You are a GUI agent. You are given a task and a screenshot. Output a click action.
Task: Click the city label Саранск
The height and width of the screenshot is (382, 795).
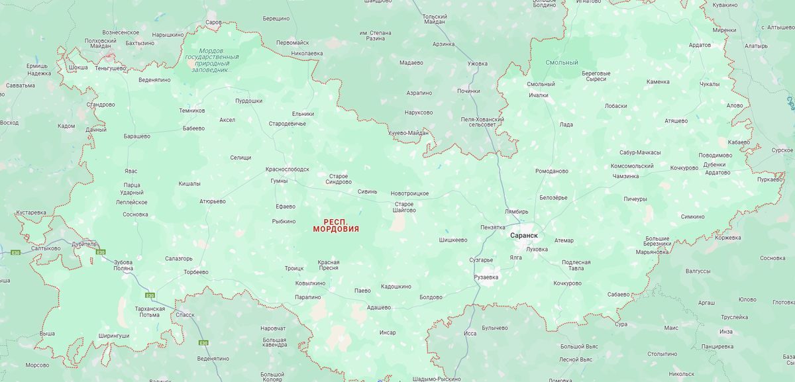pos(523,236)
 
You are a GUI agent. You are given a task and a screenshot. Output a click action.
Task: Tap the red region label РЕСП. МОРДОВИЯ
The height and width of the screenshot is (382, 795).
pos(336,225)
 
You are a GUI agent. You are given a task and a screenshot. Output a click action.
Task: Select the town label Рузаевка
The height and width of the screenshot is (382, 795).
pos(486,277)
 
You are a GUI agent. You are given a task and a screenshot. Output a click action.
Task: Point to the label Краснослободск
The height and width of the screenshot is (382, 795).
pos(287,169)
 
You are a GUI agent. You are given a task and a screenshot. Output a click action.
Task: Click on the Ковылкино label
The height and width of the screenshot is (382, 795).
pos(310,283)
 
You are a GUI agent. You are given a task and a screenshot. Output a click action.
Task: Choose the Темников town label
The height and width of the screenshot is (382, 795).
pos(192,111)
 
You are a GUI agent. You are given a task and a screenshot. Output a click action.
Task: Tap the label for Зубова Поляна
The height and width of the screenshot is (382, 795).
pos(123,265)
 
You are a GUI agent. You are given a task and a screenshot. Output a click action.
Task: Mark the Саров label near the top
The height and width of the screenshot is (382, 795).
pos(213,23)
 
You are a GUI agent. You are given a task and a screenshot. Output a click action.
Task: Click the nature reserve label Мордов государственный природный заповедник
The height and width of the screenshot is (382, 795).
pos(212,60)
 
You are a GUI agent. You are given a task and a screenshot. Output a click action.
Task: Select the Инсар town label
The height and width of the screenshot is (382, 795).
pos(388,332)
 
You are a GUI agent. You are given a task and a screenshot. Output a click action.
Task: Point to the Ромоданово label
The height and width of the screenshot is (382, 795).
pos(551,171)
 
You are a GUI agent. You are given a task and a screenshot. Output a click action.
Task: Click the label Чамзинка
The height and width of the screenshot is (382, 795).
pos(625,176)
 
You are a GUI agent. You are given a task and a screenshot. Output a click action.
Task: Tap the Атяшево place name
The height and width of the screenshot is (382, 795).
pos(676,121)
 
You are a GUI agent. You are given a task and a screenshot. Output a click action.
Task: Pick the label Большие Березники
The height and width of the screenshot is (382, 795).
pos(658,242)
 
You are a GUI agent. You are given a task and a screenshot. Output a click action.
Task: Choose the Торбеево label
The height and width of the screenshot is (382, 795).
pos(195,272)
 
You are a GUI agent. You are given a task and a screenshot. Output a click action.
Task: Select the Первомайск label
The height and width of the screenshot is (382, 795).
pos(292,42)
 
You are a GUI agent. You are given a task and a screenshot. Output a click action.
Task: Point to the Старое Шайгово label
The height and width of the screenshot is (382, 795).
pos(404,207)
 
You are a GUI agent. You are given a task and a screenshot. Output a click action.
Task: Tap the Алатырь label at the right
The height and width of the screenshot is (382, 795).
pos(756,46)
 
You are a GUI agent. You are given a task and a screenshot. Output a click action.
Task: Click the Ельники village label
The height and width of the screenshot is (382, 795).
pos(303,114)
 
